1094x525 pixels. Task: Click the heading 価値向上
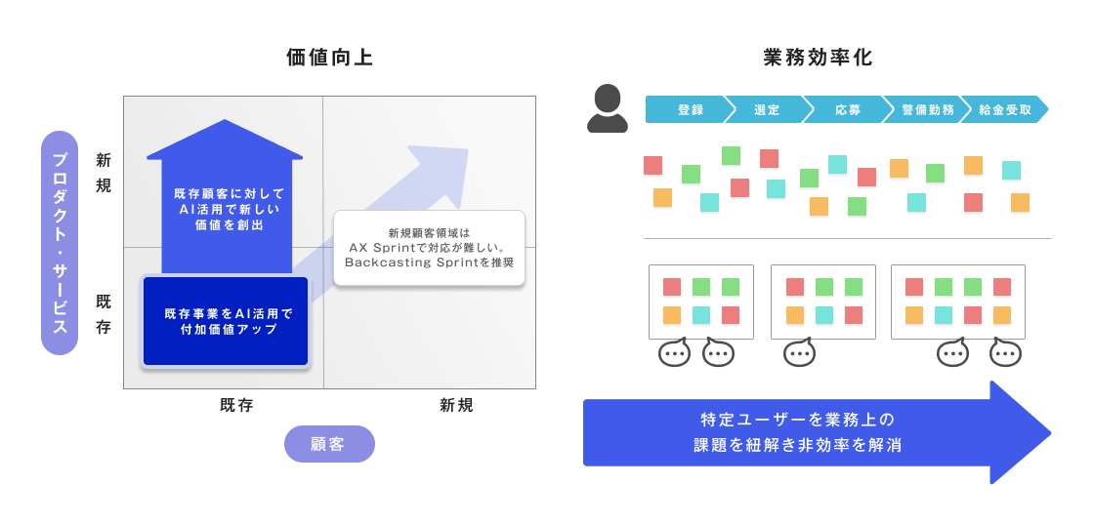pyautogui.click(x=330, y=58)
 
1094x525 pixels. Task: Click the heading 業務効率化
pyautogui.click(x=818, y=58)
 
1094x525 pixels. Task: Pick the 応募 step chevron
pyautogui.click(x=847, y=109)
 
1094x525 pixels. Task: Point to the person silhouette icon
pyautogui.click(x=608, y=108)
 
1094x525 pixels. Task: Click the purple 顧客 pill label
pyautogui.click(x=329, y=444)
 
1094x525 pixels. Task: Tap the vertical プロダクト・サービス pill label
pyautogui.click(x=60, y=243)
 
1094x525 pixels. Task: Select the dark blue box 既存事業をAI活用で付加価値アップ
pyautogui.click(x=227, y=322)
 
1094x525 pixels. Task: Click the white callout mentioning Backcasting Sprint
pyautogui.click(x=429, y=248)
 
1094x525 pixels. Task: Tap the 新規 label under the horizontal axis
pyautogui.click(x=456, y=405)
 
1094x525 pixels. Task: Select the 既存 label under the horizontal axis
pyautogui.click(x=236, y=405)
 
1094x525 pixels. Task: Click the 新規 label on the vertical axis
pyautogui.click(x=103, y=173)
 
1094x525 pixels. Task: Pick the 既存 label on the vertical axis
pyautogui.click(x=103, y=314)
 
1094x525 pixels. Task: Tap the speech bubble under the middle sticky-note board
pyautogui.click(x=799, y=352)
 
